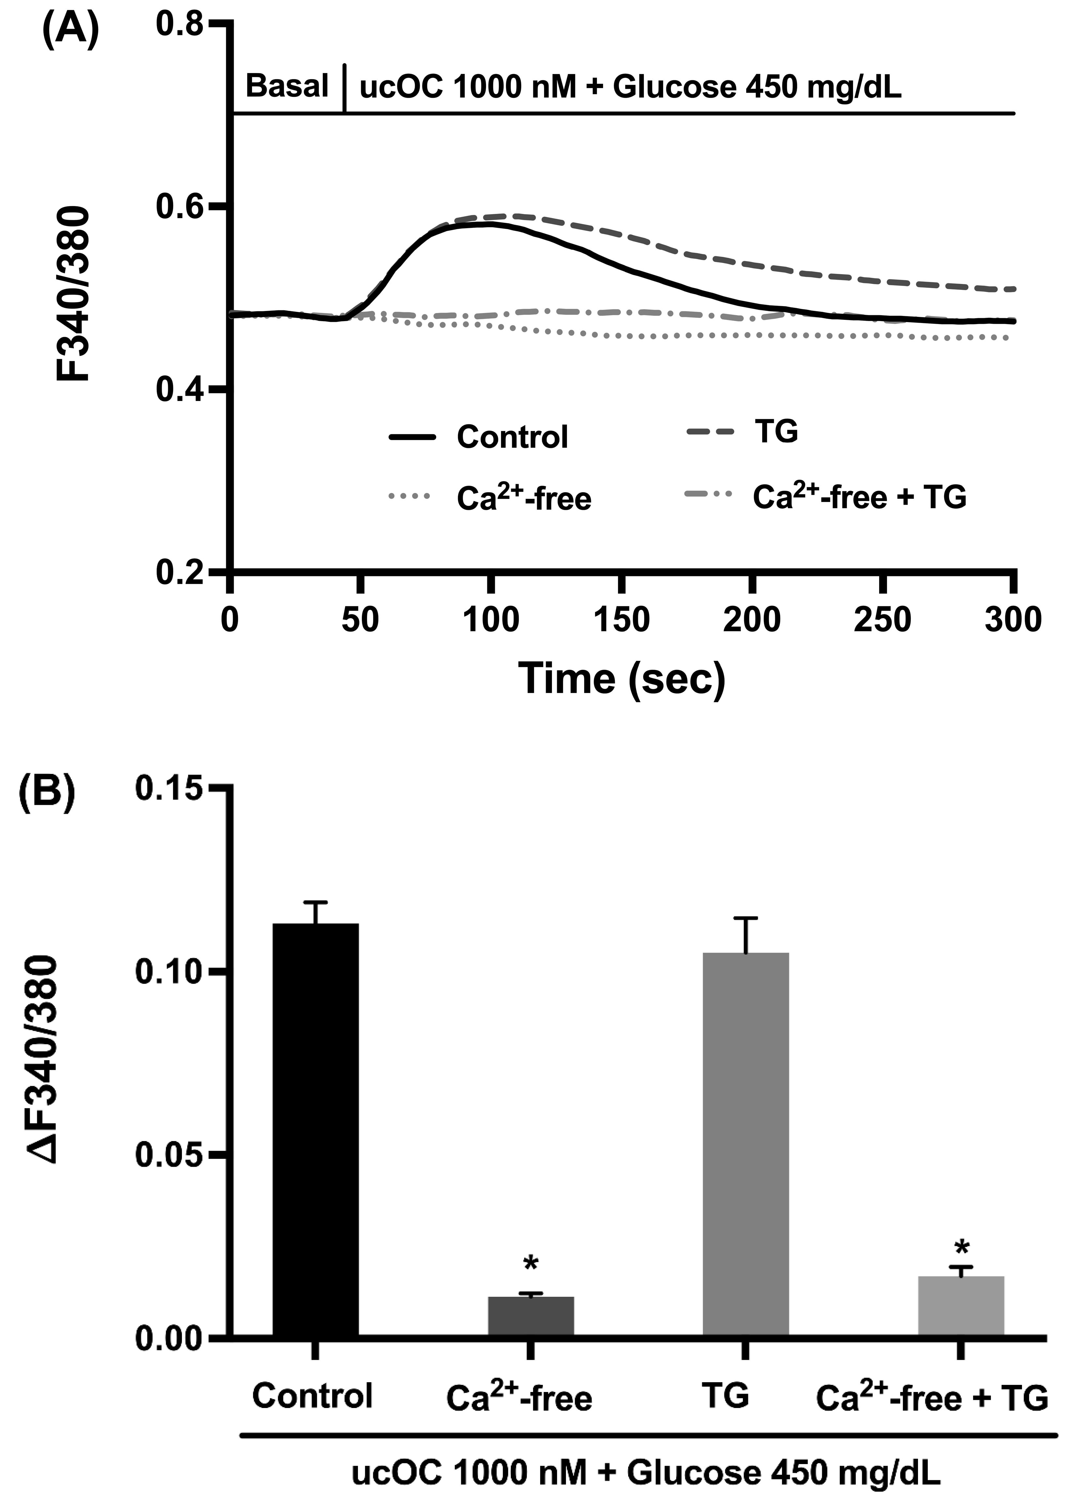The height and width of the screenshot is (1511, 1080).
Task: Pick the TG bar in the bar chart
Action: pyautogui.click(x=746, y=1144)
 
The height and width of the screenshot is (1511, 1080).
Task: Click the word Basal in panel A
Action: pyautogui.click(x=287, y=86)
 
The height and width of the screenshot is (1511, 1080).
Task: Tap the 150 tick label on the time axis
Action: pyautogui.click(x=621, y=620)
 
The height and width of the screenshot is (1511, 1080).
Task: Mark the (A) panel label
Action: pyautogui.click(x=70, y=30)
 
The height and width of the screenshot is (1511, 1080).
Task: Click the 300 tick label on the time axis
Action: pyautogui.click(x=1012, y=620)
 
